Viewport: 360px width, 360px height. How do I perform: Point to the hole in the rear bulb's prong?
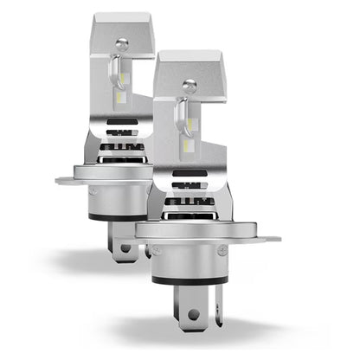point(126,247)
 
